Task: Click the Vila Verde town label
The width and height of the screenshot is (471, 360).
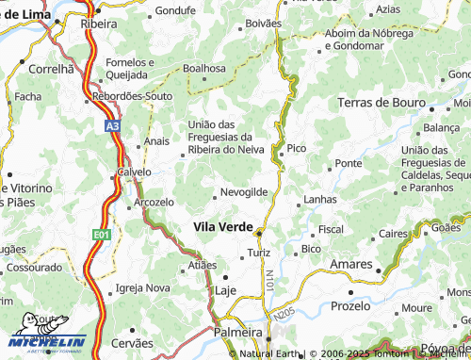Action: click(x=223, y=226)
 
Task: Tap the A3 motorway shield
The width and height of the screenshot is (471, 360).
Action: click(x=112, y=123)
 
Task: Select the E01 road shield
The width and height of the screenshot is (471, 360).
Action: click(x=101, y=234)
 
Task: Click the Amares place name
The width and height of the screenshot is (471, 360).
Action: click(x=352, y=264)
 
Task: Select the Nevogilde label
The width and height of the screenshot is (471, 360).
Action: click(x=244, y=191)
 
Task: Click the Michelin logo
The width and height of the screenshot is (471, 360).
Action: click(x=46, y=340)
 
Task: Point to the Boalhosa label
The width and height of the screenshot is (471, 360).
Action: click(x=204, y=68)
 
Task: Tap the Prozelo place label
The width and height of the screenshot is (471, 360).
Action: click(x=351, y=307)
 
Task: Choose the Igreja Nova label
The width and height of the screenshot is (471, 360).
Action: click(x=142, y=287)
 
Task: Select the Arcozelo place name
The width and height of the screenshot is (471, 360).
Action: click(x=154, y=202)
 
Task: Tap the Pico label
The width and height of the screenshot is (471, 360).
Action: click(x=297, y=148)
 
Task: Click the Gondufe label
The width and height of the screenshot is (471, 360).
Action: click(x=174, y=11)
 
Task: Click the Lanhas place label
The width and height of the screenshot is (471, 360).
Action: click(x=320, y=200)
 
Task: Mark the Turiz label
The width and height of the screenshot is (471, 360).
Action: click(x=258, y=254)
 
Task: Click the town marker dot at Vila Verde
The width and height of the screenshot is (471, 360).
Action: click(x=260, y=232)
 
